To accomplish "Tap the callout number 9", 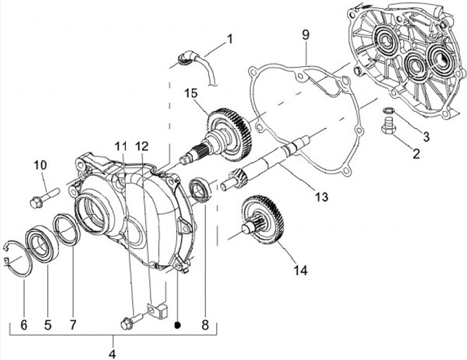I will pos(305,34).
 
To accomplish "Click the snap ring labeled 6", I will pos(19,258).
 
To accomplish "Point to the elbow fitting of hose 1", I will pos(186,59).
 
